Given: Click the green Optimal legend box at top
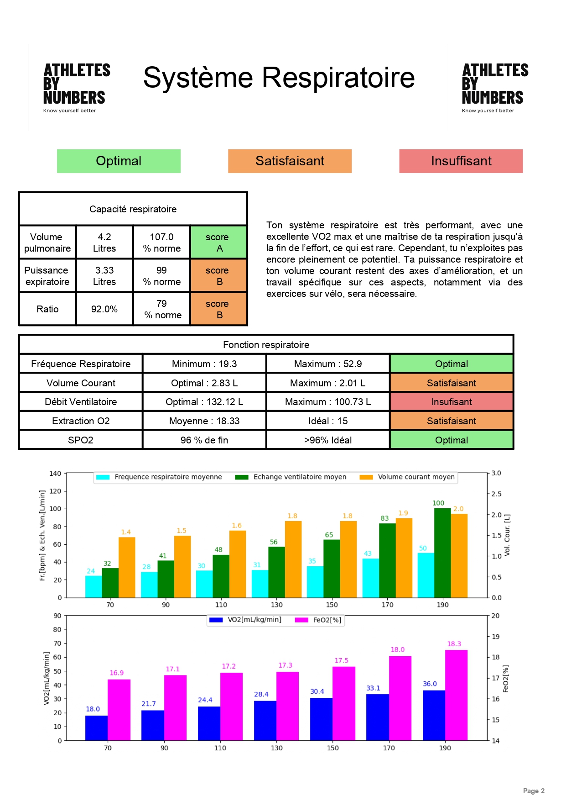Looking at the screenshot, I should [x=119, y=161].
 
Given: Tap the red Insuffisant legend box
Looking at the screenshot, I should [x=461, y=161].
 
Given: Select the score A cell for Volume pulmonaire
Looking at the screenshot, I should [x=218, y=242].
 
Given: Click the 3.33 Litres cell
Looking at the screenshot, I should [x=104, y=276].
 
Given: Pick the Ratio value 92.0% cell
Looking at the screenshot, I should [x=104, y=309].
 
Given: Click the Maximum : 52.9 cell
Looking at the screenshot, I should [x=327, y=364].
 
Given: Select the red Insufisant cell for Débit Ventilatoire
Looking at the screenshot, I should [x=451, y=402].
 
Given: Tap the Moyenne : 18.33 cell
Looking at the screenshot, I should [x=204, y=421].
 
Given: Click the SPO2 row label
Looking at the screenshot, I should [x=81, y=440].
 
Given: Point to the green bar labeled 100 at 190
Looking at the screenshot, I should [x=442, y=553].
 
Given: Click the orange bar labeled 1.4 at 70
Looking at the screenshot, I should [x=127, y=567].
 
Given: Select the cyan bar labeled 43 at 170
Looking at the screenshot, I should [x=370, y=578].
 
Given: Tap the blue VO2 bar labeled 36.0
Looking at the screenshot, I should [x=434, y=715].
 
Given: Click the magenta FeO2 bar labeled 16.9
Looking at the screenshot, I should [x=119, y=710].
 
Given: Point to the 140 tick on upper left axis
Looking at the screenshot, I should [x=55, y=474].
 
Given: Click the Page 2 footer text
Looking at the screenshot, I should [x=533, y=791].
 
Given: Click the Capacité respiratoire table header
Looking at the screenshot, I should [x=133, y=209].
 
